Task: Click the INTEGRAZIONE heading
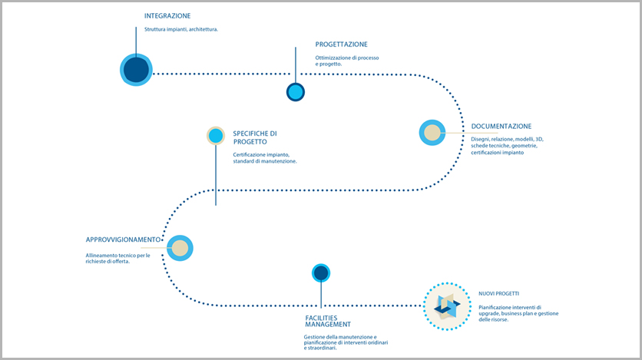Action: (167, 16)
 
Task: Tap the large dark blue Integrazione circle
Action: (137, 70)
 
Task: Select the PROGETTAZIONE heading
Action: (341, 45)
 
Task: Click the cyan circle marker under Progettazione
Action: (295, 92)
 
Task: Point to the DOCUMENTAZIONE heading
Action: (501, 127)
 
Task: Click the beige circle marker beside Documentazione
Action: (432, 133)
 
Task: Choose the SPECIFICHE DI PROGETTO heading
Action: (255, 138)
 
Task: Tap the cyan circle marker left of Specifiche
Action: (216, 136)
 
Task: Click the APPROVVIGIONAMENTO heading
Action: (123, 239)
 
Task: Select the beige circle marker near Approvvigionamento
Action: (180, 248)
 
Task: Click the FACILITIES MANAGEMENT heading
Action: (328, 321)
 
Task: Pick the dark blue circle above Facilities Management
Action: (321, 272)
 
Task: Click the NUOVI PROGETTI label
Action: (498, 294)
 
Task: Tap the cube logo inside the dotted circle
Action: (447, 306)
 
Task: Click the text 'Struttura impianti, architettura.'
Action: (181, 29)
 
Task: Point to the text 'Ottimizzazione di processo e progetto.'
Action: (347, 61)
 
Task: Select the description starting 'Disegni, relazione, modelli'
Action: (507, 146)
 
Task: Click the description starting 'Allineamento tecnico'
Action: (118, 259)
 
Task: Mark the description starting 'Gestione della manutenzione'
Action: (346, 342)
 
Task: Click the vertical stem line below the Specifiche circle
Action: (216, 175)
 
